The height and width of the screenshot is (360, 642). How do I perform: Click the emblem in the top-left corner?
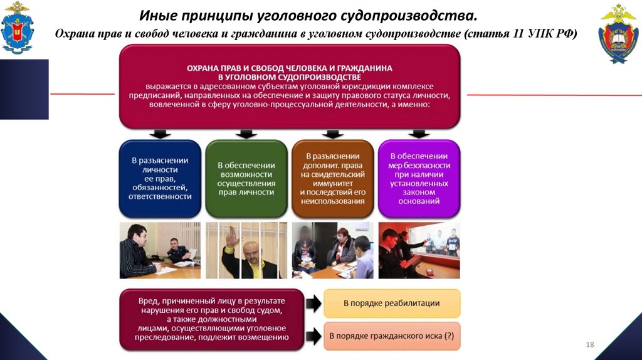[x=18, y=28]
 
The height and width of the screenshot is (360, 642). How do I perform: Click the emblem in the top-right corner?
[x=619, y=33]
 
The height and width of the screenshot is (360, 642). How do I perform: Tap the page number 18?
[x=589, y=344]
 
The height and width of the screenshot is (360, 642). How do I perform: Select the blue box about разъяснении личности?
[x=160, y=178]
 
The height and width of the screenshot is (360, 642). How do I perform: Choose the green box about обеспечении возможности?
[x=246, y=178]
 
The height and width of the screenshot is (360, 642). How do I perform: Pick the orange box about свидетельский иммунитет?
[x=332, y=178]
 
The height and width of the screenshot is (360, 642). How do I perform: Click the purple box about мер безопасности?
[x=418, y=178]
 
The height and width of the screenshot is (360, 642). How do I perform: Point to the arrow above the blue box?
[x=160, y=134]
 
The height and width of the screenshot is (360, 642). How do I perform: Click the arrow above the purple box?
[x=418, y=134]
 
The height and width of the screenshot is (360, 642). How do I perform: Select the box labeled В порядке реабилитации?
[x=392, y=303]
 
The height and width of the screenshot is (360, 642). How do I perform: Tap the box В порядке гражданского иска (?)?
[x=392, y=336]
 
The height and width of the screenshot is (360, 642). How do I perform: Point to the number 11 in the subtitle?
[x=518, y=33]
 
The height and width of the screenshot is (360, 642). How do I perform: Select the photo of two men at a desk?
[x=160, y=250]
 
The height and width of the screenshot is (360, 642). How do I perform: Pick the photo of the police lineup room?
[x=418, y=250]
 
